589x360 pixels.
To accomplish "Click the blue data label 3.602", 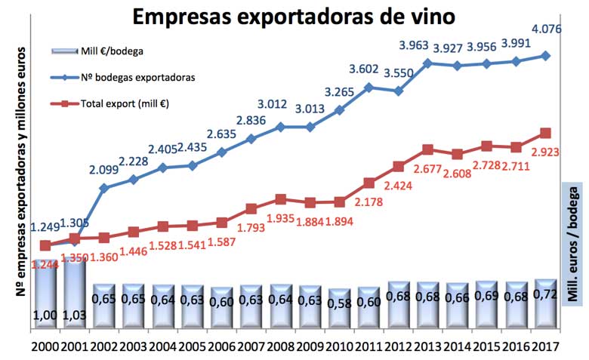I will click(368, 70).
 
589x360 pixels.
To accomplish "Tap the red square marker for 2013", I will click(427, 149).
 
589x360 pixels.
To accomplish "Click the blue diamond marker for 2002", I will click(103, 187).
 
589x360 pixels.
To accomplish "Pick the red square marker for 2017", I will click(545, 134).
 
